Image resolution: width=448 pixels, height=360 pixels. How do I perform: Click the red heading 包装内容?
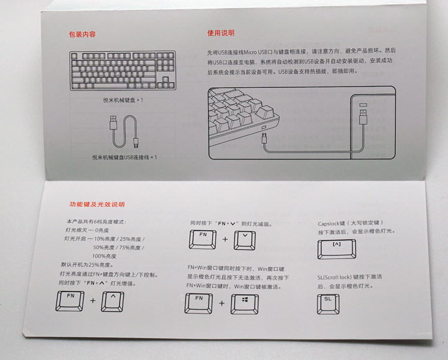point(82,34)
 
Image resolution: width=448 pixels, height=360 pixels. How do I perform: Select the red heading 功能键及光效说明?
point(96,204)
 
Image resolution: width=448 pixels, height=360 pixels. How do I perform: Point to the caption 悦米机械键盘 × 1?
point(124,100)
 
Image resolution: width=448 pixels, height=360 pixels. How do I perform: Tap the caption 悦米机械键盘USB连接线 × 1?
point(124,157)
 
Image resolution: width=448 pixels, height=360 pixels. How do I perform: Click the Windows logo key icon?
point(245,302)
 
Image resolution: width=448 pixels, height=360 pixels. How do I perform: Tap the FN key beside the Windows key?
point(200,302)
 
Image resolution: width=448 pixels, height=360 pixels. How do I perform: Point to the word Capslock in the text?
point(330,222)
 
